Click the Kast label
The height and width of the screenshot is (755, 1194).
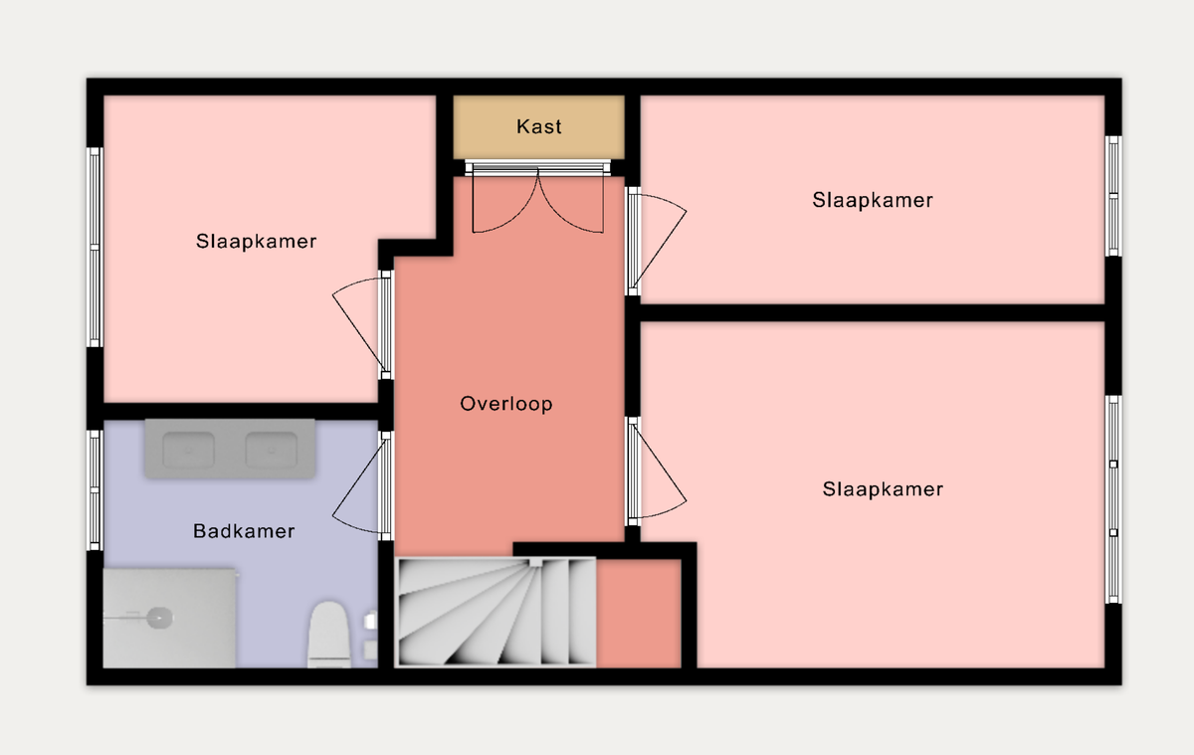[539, 126]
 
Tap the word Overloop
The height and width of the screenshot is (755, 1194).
[506, 404]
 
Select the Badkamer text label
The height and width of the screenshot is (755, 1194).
[244, 531]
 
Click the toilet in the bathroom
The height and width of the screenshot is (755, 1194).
[329, 635]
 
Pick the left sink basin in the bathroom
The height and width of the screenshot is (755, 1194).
[189, 451]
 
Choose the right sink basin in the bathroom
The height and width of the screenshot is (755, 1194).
[271, 451]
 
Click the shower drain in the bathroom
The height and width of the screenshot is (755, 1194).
[159, 618]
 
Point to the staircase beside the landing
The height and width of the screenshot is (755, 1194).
[496, 612]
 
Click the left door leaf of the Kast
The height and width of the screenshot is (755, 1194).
[504, 201]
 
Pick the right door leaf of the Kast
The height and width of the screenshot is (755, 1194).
[571, 201]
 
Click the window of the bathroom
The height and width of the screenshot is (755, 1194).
[95, 489]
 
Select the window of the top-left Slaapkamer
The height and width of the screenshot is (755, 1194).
[95, 248]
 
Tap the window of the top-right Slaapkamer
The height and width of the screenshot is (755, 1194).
[1113, 196]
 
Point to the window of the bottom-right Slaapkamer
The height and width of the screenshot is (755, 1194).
[1113, 499]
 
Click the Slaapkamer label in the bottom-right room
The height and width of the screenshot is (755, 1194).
[883, 489]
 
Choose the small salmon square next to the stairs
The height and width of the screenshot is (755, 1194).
[639, 614]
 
